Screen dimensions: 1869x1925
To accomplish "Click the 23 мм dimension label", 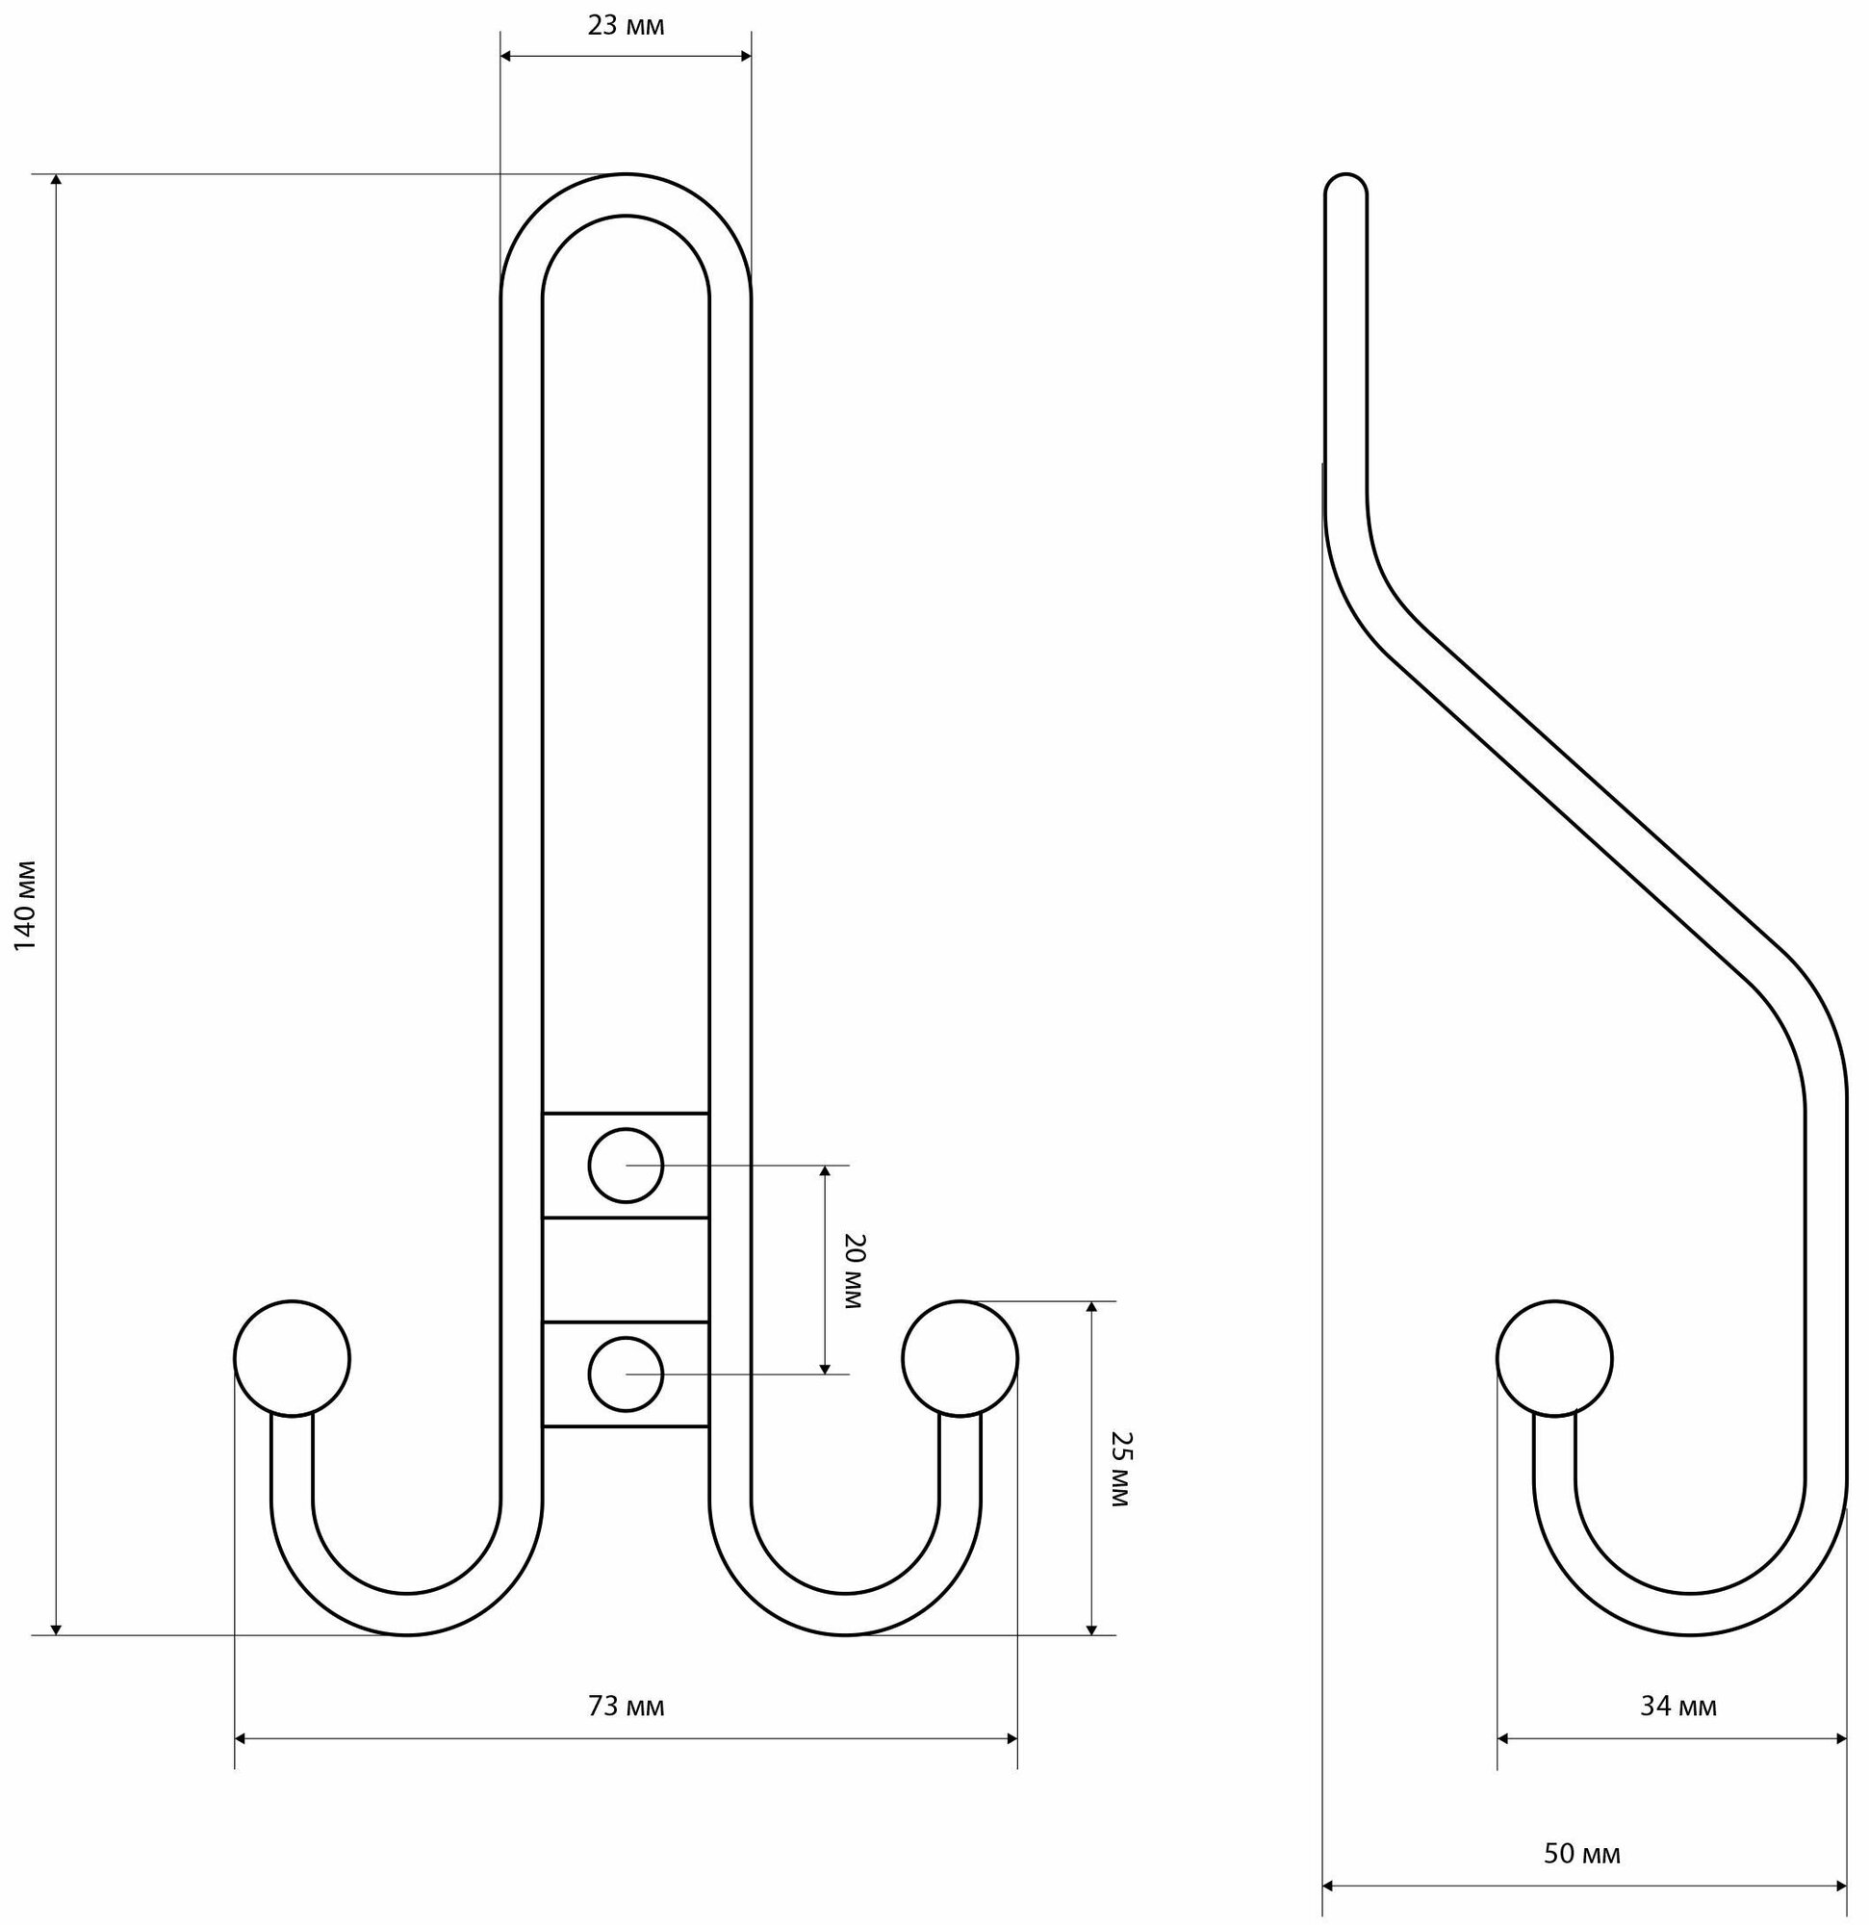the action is (626, 27).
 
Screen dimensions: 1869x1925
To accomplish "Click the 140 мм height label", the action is (26, 905).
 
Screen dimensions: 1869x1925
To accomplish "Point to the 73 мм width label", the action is (626, 1706).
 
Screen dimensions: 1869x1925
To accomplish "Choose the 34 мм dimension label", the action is (1678, 1706).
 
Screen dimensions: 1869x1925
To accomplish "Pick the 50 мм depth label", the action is (1582, 1854).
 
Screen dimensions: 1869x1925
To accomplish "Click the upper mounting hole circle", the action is (626, 1166).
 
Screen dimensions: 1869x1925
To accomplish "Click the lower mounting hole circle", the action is (626, 1374).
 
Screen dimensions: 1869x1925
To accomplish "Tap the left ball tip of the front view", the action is (292, 1358).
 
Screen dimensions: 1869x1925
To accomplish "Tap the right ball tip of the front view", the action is (960, 1358).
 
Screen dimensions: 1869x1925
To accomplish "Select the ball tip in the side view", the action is (1553, 1358).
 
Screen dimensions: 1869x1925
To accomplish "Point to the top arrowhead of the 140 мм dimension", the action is (56, 181).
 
